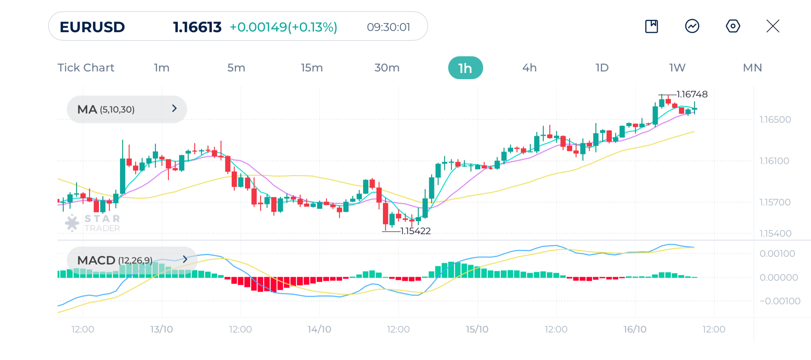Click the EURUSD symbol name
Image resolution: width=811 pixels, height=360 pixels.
click(92, 27)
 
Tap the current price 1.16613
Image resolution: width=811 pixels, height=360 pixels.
click(197, 27)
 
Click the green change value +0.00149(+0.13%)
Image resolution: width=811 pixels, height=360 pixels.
click(284, 27)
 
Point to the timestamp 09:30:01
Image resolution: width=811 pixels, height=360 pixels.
click(388, 27)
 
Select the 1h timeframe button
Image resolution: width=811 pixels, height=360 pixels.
click(465, 68)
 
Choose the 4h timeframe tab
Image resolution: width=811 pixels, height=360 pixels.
click(529, 68)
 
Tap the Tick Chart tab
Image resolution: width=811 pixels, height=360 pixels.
click(86, 68)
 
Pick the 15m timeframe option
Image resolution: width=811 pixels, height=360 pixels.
click(312, 68)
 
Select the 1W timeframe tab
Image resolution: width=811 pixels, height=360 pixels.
click(677, 68)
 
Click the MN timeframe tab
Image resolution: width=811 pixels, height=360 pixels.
click(752, 68)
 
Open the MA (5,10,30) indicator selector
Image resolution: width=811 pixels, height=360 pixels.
click(127, 109)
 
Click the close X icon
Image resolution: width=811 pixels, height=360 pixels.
click(773, 26)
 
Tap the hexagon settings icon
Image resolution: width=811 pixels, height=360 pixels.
click(733, 26)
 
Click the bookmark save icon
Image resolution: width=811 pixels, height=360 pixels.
click(651, 26)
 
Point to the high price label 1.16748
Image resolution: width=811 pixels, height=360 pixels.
click(692, 94)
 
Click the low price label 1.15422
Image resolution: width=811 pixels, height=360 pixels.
click(415, 231)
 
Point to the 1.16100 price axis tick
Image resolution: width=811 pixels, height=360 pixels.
click(774, 161)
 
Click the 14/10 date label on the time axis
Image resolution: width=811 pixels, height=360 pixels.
click(319, 329)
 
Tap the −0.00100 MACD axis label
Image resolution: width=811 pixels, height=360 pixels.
click(779, 301)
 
